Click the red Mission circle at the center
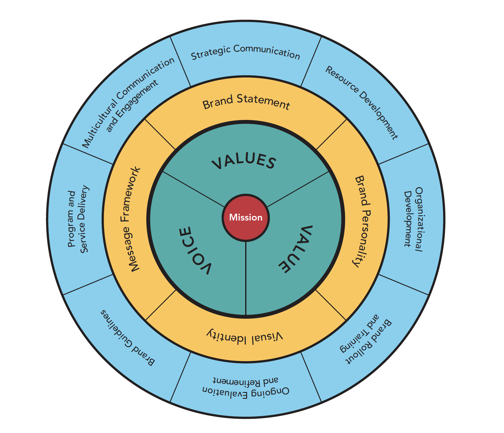pyautogui.click(x=245, y=217)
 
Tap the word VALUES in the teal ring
pyautogui.click(x=244, y=161)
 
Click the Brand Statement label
pyautogui.click(x=246, y=102)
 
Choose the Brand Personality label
pyautogui.click(x=362, y=221)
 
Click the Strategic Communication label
pyautogui.click(x=245, y=52)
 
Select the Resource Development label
pyautogui.click(x=361, y=103)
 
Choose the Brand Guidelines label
pyautogui.click(x=127, y=338)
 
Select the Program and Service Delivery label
pyautogui.click(x=78, y=219)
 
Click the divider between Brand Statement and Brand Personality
pyautogui.click(x=331, y=134)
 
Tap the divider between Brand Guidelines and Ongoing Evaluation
pyautogui.click(x=180, y=377)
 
